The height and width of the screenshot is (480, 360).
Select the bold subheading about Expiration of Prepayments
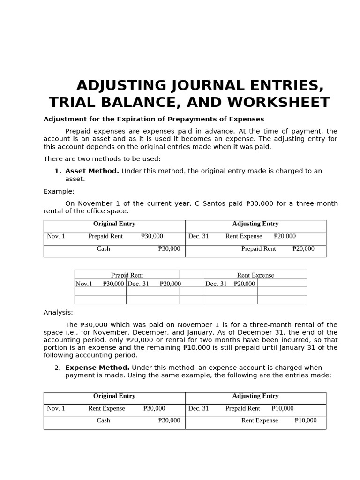(x=154, y=119)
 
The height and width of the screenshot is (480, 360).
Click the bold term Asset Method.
(x=92, y=171)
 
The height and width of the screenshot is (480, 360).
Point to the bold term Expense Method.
(x=97, y=367)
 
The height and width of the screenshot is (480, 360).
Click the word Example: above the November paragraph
(x=59, y=191)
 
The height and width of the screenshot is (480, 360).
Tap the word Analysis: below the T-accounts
(x=58, y=312)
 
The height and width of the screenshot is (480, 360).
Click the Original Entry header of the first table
(x=114, y=224)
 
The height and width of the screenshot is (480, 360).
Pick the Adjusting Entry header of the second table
(x=255, y=396)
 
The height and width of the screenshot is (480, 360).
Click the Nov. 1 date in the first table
(x=56, y=236)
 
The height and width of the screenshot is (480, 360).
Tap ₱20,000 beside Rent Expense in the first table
(x=285, y=236)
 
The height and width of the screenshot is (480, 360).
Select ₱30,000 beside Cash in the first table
(x=169, y=249)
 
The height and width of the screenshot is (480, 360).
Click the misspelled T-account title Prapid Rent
(x=127, y=275)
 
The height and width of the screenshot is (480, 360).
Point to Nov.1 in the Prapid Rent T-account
(x=84, y=284)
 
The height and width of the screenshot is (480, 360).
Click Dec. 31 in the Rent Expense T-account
(x=216, y=284)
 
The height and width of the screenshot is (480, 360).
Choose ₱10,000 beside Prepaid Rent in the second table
(x=283, y=408)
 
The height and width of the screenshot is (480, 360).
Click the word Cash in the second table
(x=104, y=420)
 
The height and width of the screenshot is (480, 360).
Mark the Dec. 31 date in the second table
(x=198, y=408)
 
